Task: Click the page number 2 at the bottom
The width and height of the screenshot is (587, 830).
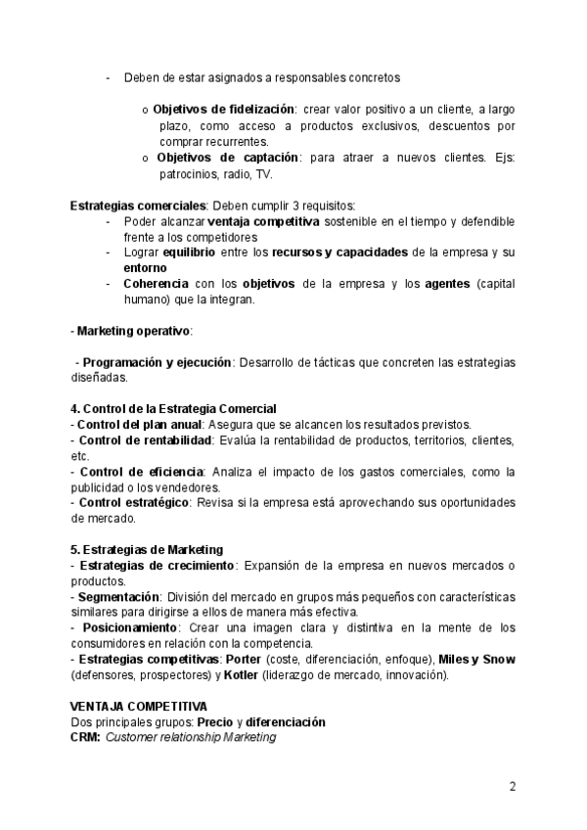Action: point(512,786)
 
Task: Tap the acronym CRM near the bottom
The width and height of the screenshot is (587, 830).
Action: point(85,737)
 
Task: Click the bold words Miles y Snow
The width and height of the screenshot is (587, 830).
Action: point(476,660)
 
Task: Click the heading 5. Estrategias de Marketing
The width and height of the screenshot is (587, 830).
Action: point(147,549)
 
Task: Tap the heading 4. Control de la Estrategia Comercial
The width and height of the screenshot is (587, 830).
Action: point(174,408)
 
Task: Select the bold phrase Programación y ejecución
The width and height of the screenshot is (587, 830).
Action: point(157,362)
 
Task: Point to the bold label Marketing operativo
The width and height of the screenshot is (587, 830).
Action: point(134,331)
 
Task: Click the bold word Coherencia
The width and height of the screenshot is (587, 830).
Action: point(158,284)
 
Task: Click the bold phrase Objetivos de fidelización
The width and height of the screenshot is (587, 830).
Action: point(225,110)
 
